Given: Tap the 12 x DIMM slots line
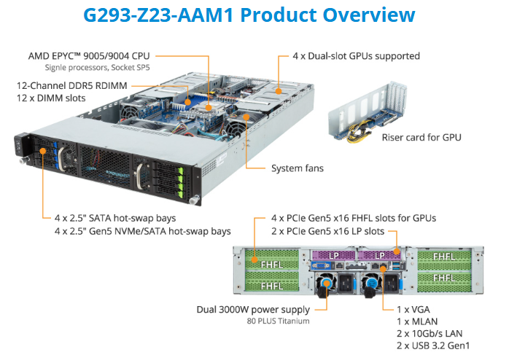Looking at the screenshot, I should pyautogui.click(x=52, y=98).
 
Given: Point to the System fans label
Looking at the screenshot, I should pyautogui.click(x=298, y=168).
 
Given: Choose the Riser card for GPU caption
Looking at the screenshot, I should pyautogui.click(x=421, y=137).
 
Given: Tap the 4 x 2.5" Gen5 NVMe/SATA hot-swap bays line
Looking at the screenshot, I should pyautogui.click(x=143, y=231).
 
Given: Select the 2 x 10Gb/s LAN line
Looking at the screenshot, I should pyautogui.click(x=429, y=332).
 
